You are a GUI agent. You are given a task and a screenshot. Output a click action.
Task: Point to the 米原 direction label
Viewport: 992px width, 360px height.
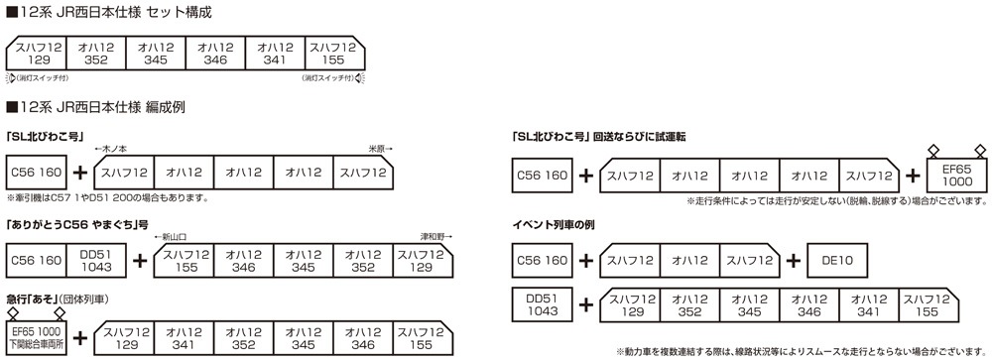[378, 147]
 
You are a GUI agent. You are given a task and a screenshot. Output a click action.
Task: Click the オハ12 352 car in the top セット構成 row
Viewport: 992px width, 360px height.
[96, 53]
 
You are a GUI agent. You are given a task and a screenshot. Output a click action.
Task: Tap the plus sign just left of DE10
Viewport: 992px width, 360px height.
[794, 262]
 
